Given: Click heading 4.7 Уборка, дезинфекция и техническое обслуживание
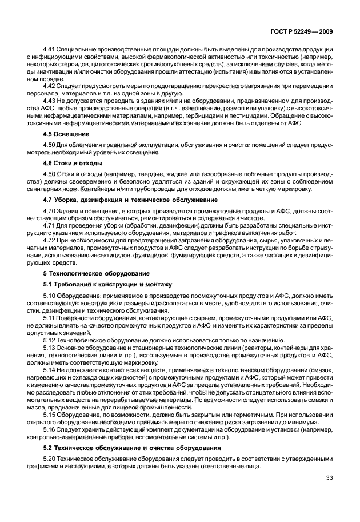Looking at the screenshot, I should [x=130, y=199].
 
